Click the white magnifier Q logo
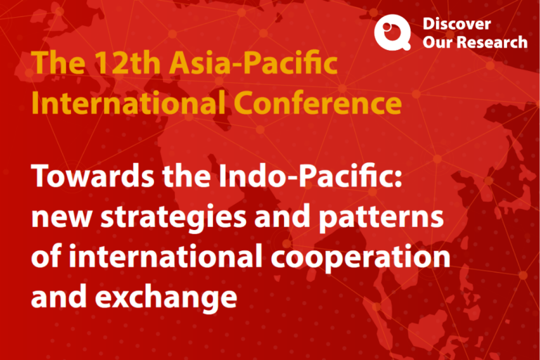click(x=392, y=32)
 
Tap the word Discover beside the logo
click(x=456, y=24)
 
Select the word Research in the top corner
click(x=493, y=42)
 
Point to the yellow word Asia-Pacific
click(x=253, y=63)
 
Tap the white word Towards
click(x=93, y=176)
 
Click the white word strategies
click(x=173, y=218)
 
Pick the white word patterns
click(x=381, y=218)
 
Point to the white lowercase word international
click(x=166, y=257)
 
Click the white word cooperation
click(x=361, y=258)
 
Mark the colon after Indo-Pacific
click(x=398, y=179)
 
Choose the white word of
click(x=46, y=257)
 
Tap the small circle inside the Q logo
click(x=387, y=27)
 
